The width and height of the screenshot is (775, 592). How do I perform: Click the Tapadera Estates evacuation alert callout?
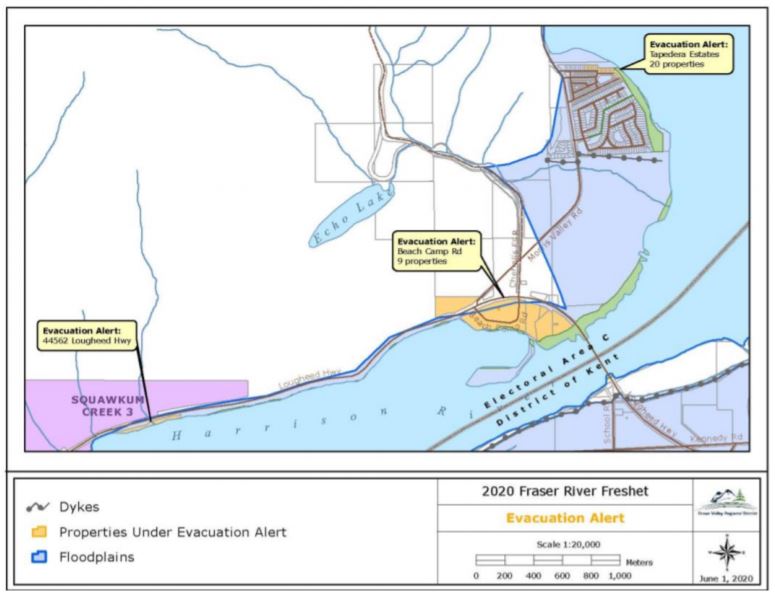[x=686, y=54]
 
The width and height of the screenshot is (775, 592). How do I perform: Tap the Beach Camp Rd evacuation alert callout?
[x=436, y=251]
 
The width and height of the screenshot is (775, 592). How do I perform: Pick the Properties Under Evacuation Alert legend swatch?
[x=39, y=531]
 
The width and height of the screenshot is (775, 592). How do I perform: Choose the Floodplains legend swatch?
[x=39, y=555]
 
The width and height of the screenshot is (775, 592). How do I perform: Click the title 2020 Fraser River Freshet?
[x=564, y=491]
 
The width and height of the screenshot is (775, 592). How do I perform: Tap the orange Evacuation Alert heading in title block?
[x=564, y=518]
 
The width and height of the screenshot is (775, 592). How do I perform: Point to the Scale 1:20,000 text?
[x=564, y=544]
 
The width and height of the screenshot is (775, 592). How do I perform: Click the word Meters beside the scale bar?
[x=640, y=562]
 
